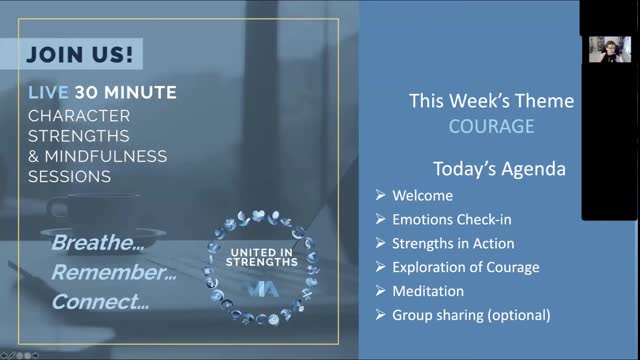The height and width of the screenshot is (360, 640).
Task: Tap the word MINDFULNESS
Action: click(x=106, y=156)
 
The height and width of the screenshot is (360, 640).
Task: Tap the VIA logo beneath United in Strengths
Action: click(x=262, y=288)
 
